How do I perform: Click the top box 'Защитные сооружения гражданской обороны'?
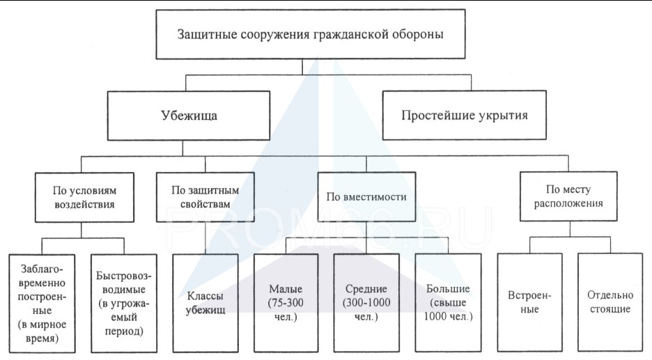click(310, 34)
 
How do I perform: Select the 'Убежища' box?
click(188, 115)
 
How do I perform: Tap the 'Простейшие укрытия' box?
click(464, 115)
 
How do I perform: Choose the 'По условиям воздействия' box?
click(84, 197)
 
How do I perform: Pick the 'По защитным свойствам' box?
click(205, 197)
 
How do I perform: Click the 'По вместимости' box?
click(366, 196)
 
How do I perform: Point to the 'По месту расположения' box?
click(568, 196)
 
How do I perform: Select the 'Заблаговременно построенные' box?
click(42, 304)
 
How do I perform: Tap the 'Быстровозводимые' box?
click(124, 304)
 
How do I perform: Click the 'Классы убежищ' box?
click(205, 303)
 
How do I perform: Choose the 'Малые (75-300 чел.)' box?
click(286, 303)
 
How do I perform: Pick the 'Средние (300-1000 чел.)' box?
click(366, 303)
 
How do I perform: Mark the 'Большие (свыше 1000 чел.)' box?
click(448, 303)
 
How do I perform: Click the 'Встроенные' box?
click(529, 302)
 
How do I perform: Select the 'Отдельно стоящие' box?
click(610, 302)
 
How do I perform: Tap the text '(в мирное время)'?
click(42, 331)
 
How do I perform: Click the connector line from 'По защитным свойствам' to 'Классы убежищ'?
click(205, 237)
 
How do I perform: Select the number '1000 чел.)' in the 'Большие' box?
click(449, 316)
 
